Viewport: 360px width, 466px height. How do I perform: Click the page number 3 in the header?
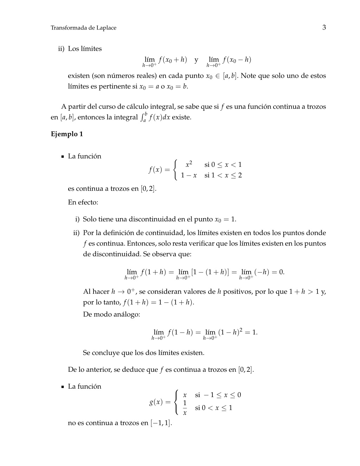pos(324,27)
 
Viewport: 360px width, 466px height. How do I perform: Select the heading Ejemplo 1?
pos(67,134)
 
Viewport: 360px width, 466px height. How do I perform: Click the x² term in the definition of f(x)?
pos(189,164)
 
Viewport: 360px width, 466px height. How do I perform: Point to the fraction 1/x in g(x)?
pos(185,408)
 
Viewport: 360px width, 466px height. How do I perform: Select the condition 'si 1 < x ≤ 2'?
pos(223,175)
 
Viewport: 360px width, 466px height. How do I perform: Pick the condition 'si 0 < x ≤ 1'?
pos(213,408)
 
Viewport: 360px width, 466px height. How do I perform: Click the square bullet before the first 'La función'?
pos(63,157)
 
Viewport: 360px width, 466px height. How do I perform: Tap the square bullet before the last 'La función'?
pos(63,387)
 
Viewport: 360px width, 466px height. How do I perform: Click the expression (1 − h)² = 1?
pos(238,332)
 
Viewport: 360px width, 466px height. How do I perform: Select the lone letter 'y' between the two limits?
pos(196,60)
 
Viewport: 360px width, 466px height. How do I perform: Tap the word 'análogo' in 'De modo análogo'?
pos(127,314)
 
